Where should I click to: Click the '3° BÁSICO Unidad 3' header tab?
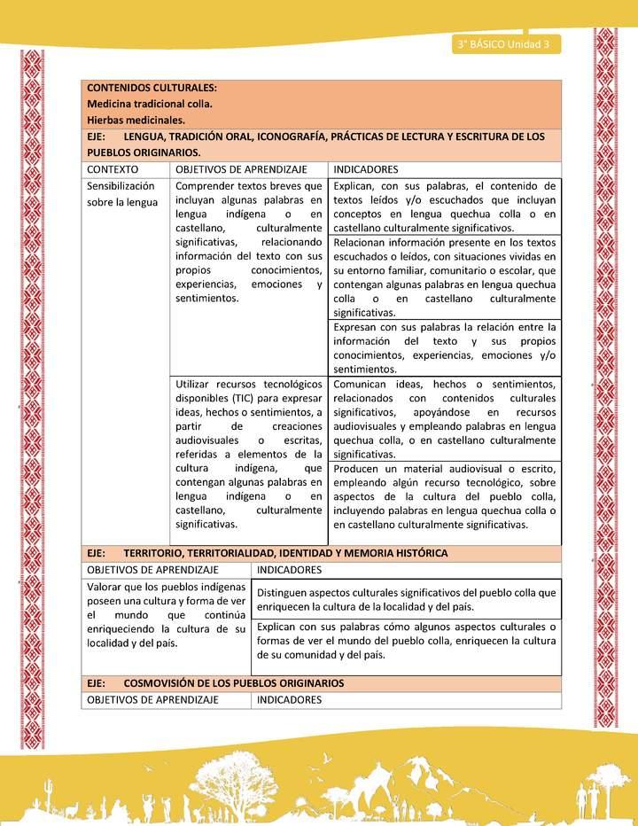pos(502,44)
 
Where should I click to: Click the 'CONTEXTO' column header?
pos(113,169)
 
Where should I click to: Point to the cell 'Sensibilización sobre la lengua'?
pos(121,195)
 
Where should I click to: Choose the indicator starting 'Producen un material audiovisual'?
pos(444,496)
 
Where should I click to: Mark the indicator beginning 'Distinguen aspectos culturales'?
pos(406,600)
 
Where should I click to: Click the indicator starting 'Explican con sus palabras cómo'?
pos(406,641)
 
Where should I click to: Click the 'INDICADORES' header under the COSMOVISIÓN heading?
pos(290,700)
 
